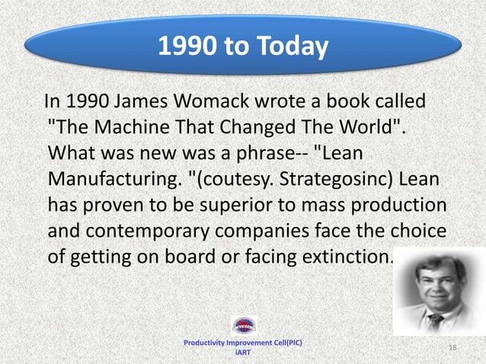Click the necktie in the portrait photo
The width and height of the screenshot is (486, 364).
point(436,319)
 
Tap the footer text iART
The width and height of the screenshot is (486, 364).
point(243,353)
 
